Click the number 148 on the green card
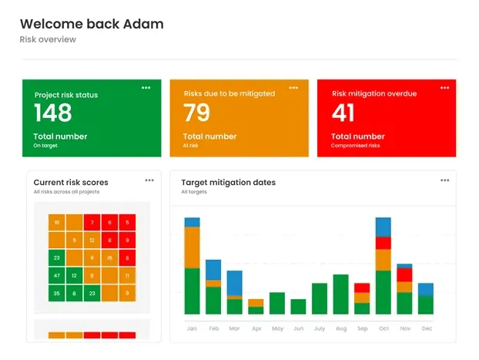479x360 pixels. click(53, 113)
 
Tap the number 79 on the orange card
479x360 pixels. click(197, 113)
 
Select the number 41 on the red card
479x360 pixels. click(343, 113)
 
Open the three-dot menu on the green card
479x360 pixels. click(146, 88)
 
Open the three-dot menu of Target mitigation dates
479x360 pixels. click(444, 180)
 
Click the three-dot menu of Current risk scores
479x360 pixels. click(149, 180)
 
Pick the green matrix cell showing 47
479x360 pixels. click(56, 275)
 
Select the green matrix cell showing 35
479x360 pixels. click(56, 293)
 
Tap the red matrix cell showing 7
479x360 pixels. click(92, 223)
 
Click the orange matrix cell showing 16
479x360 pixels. click(110, 257)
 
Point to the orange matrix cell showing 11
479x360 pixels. click(128, 275)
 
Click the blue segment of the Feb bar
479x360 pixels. click(213, 269)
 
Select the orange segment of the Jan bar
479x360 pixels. click(192, 247)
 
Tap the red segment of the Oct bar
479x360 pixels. click(383, 243)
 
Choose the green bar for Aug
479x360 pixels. click(340, 294)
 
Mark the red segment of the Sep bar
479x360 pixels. click(362, 288)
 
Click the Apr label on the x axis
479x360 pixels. click(256, 328)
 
